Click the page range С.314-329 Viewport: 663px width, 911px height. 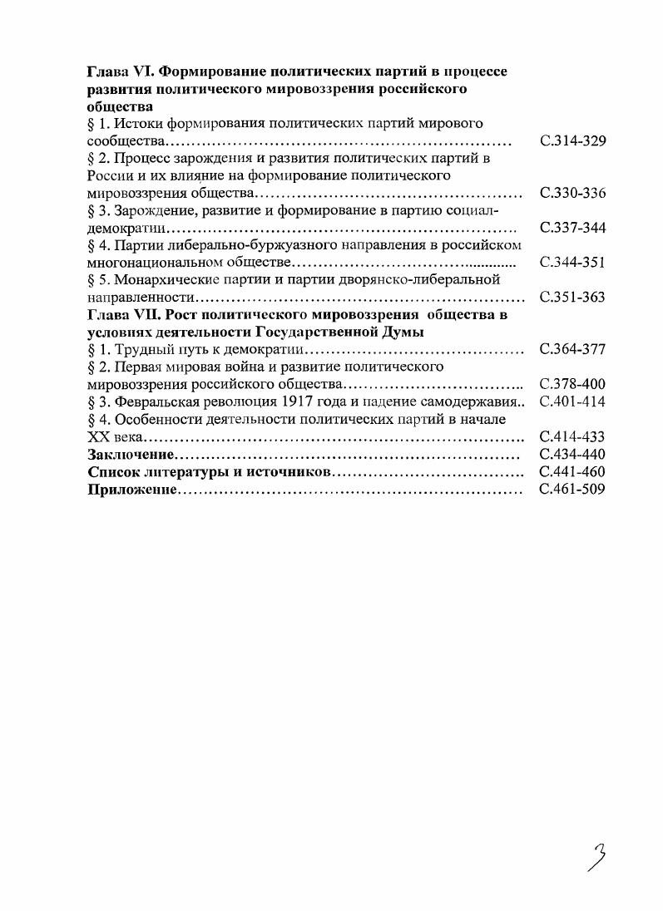[572, 141]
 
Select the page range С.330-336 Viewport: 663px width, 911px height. [572, 193]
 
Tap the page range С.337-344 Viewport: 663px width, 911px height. [572, 228]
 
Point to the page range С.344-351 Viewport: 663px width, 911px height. [572, 263]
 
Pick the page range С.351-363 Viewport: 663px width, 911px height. [572, 298]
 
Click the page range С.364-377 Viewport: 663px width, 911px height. [572, 349]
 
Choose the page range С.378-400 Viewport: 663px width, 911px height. [572, 384]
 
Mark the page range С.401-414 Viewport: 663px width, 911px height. [572, 401]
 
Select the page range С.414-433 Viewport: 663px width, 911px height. [572, 436]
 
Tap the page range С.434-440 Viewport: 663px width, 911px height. [572, 454]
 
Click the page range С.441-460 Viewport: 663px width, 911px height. [572, 471]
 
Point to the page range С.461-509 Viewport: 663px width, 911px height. [572, 489]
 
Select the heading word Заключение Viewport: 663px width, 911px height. [130, 454]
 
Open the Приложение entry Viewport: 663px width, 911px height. [132, 489]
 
